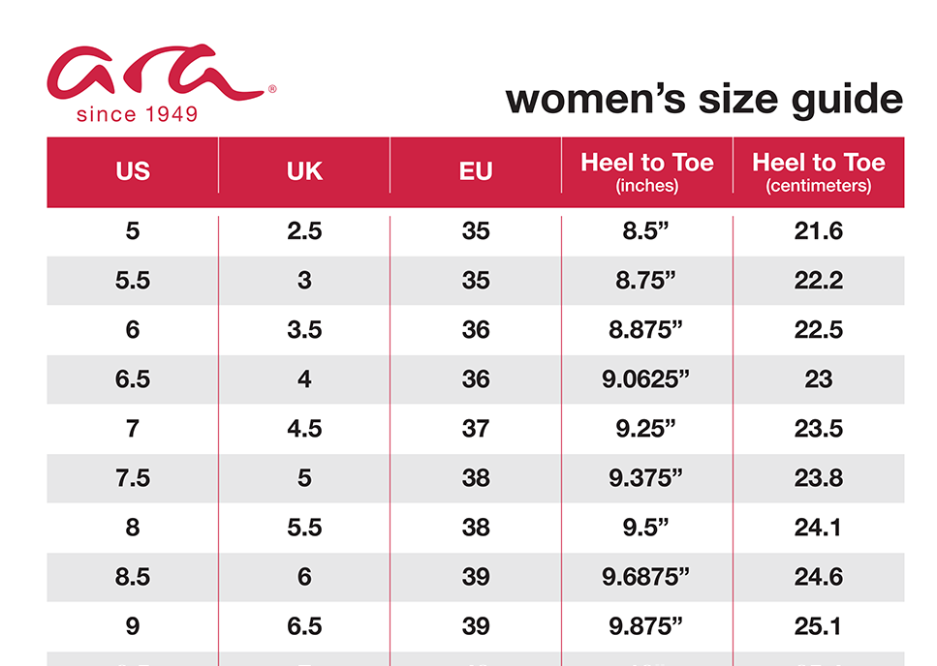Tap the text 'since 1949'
tap(138, 115)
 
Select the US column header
tap(133, 171)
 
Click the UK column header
tap(304, 171)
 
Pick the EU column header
tap(476, 171)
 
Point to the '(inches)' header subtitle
tap(647, 186)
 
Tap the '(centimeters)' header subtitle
tap(819, 186)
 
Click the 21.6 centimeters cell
tap(819, 231)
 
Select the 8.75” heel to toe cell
tap(647, 281)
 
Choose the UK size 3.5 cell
tap(304, 330)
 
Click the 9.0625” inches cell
tap(647, 379)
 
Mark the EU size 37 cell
tap(476, 429)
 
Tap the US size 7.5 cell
tap(133, 478)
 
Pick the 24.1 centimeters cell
tap(819, 528)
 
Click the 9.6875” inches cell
tap(647, 577)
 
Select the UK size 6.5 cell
tap(304, 626)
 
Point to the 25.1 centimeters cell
tap(819, 626)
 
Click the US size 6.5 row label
tap(133, 379)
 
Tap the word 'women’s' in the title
tap(580, 100)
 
